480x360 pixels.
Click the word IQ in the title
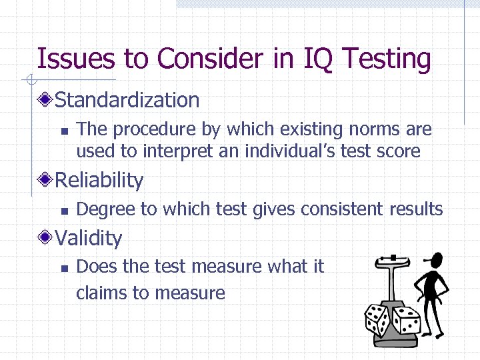312,59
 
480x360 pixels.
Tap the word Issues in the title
75,59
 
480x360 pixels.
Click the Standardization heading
127,100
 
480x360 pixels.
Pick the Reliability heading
99,180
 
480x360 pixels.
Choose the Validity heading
89,238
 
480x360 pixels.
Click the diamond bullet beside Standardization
45,101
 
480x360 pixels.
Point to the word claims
101,293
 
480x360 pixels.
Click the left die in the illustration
377,320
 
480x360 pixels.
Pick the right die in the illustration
405,321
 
